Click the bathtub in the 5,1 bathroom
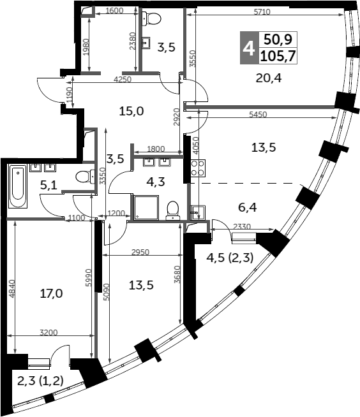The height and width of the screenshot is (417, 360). click(18, 186)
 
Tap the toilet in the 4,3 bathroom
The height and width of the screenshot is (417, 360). click(173, 210)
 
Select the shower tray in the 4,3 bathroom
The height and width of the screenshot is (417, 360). click(146, 208)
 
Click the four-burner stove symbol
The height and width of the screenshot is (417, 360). click(198, 168)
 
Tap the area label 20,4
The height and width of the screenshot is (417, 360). click(268, 78)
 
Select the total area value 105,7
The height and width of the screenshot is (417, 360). click(278, 56)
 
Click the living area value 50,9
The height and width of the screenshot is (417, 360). click(278, 40)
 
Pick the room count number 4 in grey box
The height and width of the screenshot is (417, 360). click(249, 48)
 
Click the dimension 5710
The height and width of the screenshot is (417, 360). click(262, 11)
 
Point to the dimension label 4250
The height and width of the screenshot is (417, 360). click(123, 79)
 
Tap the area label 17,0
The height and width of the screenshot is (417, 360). click(52, 293)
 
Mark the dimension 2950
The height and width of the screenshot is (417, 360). click(140, 252)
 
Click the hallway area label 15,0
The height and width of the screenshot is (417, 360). click(131, 111)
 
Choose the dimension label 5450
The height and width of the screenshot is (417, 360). click(258, 114)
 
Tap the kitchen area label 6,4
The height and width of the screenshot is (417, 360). click(248, 207)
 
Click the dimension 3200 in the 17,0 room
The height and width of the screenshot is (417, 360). click(49, 332)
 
